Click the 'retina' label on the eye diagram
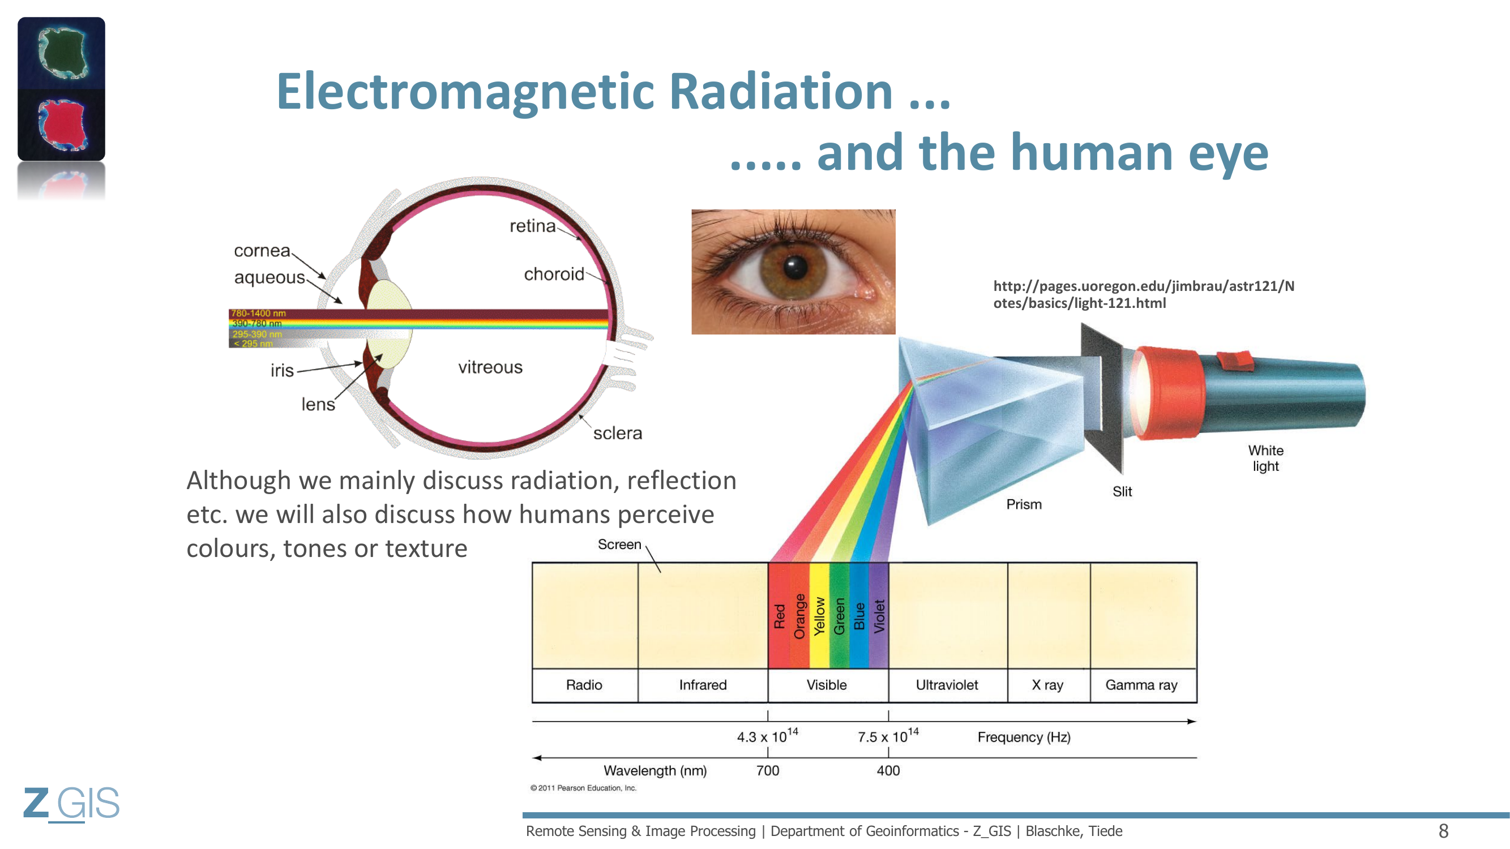tap(532, 226)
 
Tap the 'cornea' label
tap(262, 251)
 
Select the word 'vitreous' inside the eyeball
tap(490, 367)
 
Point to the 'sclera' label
tap(617, 433)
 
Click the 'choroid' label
tap(554, 273)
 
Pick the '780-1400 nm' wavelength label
tap(258, 314)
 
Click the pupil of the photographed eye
tap(795, 267)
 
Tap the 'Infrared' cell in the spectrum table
tap(703, 685)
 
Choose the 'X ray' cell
tap(1049, 685)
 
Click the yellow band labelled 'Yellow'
tap(819, 615)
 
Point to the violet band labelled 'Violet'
tap(879, 615)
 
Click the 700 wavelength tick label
tap(767, 770)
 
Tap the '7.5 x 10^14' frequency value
tap(888, 735)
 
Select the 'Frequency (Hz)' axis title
tap(1024, 737)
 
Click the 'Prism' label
tap(1024, 504)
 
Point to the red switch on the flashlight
tap(1235, 361)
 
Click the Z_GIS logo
tap(71, 803)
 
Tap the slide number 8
tap(1443, 831)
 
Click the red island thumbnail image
tap(62, 125)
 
